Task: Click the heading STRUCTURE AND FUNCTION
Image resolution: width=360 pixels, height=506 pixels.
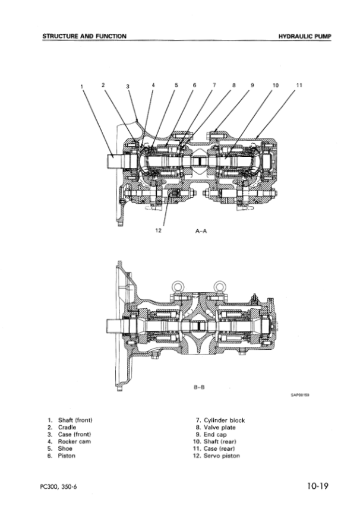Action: (x=84, y=36)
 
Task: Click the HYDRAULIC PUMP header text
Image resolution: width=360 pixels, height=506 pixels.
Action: (x=305, y=36)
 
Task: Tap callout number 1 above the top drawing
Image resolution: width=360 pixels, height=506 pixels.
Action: (x=82, y=87)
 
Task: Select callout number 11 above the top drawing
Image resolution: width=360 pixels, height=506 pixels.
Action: (x=299, y=85)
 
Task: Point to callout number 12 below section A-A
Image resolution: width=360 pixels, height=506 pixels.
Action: (x=158, y=230)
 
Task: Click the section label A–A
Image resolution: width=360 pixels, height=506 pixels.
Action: (x=201, y=231)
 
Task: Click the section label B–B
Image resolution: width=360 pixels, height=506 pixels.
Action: (x=199, y=387)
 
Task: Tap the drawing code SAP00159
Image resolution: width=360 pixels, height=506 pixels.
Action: (x=300, y=395)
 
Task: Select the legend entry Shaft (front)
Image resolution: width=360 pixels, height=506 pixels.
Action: (x=70, y=420)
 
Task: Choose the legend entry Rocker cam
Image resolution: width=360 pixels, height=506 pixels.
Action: (x=69, y=441)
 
